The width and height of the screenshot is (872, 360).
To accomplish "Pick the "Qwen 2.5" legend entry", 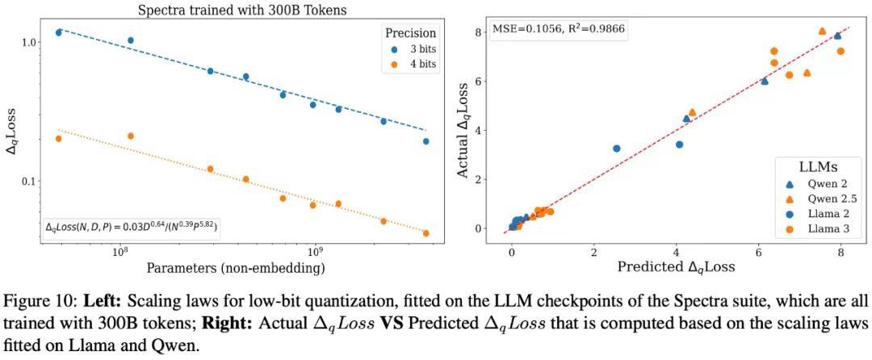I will click(x=815, y=197).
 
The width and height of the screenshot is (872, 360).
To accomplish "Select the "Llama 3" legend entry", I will click(x=813, y=228).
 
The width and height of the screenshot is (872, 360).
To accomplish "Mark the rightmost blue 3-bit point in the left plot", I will click(x=426, y=141).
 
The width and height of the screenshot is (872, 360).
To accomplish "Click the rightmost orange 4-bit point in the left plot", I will click(x=426, y=233).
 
